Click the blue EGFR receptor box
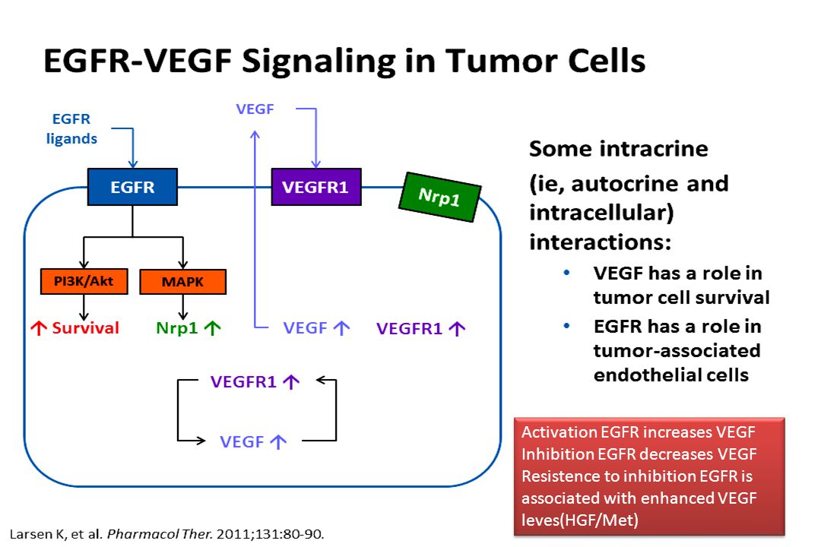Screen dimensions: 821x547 point(132,187)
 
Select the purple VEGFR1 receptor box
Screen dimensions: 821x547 point(315,187)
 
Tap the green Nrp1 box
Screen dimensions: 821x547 point(440,197)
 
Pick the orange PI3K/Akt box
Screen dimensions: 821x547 point(84,282)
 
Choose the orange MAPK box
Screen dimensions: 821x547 point(182,282)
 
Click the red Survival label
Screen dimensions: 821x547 point(86,328)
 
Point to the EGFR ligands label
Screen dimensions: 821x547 point(71,128)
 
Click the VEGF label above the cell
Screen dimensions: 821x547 point(255,109)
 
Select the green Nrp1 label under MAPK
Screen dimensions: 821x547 point(177,328)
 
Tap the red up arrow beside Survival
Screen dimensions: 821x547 point(38,328)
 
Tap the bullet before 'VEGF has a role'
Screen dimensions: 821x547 point(566,273)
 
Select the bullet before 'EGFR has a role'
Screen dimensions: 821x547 point(566,326)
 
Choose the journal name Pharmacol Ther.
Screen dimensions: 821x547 point(160,534)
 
